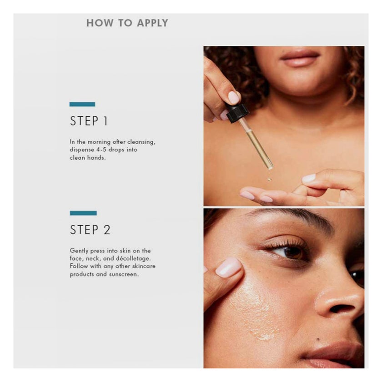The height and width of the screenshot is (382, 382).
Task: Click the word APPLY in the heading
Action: pos(152,23)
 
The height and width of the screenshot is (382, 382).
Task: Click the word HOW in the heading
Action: pos(100,23)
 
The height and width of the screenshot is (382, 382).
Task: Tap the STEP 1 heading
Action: pos(89,121)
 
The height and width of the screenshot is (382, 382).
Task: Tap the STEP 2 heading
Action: pos(90,230)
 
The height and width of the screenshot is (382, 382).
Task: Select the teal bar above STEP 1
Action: pos(82,104)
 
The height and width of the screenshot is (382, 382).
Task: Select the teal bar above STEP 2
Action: pos(83,213)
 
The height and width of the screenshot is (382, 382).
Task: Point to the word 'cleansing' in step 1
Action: pos(141,142)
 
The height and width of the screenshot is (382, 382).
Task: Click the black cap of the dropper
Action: pos(237,113)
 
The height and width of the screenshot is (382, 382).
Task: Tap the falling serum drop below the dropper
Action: pos(269,179)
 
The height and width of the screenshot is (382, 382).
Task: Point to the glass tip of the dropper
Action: pos(270,167)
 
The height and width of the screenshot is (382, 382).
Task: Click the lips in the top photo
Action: pos(300,58)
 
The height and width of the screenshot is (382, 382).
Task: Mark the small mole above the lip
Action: pos(318,339)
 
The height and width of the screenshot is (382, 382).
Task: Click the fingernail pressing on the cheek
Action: pos(228,267)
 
